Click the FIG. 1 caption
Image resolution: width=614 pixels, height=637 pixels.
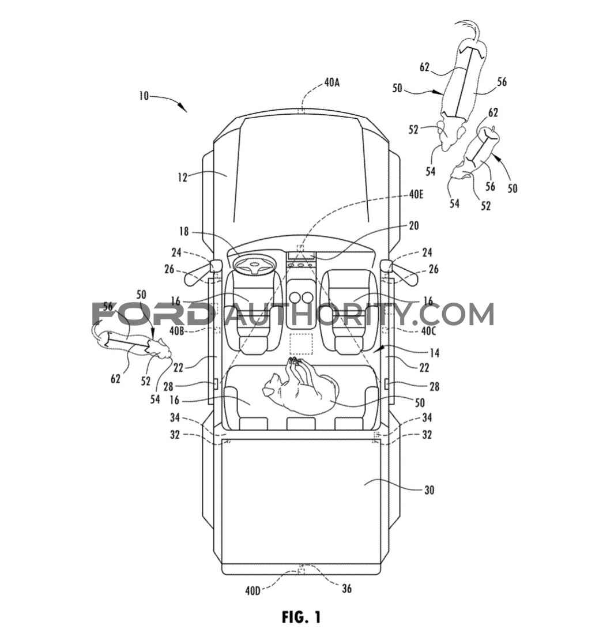tap(301, 617)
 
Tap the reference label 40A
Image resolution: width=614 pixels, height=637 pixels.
tap(332, 82)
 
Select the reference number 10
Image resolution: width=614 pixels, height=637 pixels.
tap(144, 96)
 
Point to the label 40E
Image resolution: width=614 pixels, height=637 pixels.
tap(416, 195)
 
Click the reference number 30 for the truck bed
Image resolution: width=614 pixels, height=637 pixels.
tap(429, 490)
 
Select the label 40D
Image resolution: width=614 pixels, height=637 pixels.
tap(253, 591)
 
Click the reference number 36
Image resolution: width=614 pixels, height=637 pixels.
tap(346, 588)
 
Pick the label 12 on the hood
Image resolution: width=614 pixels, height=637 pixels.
tap(182, 178)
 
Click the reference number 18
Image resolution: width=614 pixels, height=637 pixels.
tap(184, 232)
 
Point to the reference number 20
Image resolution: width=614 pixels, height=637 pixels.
tap(414, 225)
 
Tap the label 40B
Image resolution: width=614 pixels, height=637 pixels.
tap(177, 331)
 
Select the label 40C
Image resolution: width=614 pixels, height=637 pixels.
tap(428, 331)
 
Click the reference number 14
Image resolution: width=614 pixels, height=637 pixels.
tap(434, 353)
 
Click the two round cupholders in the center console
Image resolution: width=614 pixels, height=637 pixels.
tap(301, 298)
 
